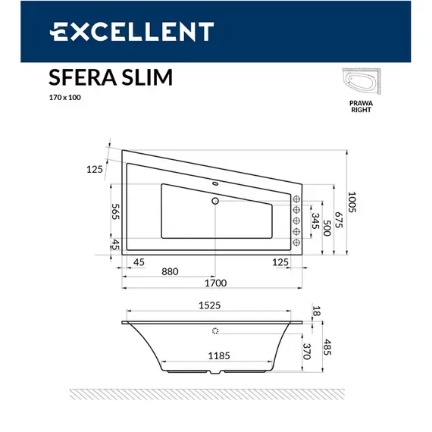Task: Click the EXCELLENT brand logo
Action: click(x=132, y=31)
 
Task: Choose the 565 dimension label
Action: click(x=116, y=215)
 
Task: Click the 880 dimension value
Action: click(x=169, y=271)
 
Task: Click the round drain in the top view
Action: click(x=215, y=201)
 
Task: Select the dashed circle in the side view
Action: click(x=215, y=330)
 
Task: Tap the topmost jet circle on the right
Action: click(x=296, y=199)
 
